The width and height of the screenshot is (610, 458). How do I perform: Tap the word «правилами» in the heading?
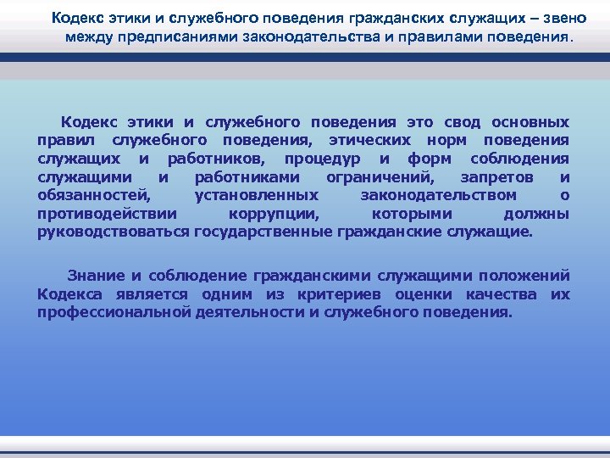[424, 37]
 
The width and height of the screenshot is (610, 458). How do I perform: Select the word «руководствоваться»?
[114, 231]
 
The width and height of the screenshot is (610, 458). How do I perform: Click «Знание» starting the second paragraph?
[96, 276]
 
